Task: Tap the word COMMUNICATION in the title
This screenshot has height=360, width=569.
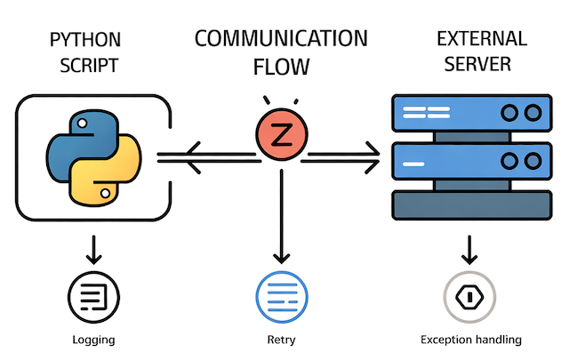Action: (281, 38)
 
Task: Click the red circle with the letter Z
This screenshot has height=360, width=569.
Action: (281, 136)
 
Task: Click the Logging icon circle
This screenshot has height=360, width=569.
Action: (92, 296)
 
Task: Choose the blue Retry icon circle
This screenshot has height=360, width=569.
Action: (281, 296)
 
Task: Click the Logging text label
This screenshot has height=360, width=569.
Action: (92, 340)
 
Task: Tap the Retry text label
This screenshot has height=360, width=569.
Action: (281, 340)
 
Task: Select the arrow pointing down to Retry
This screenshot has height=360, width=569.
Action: (281, 213)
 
